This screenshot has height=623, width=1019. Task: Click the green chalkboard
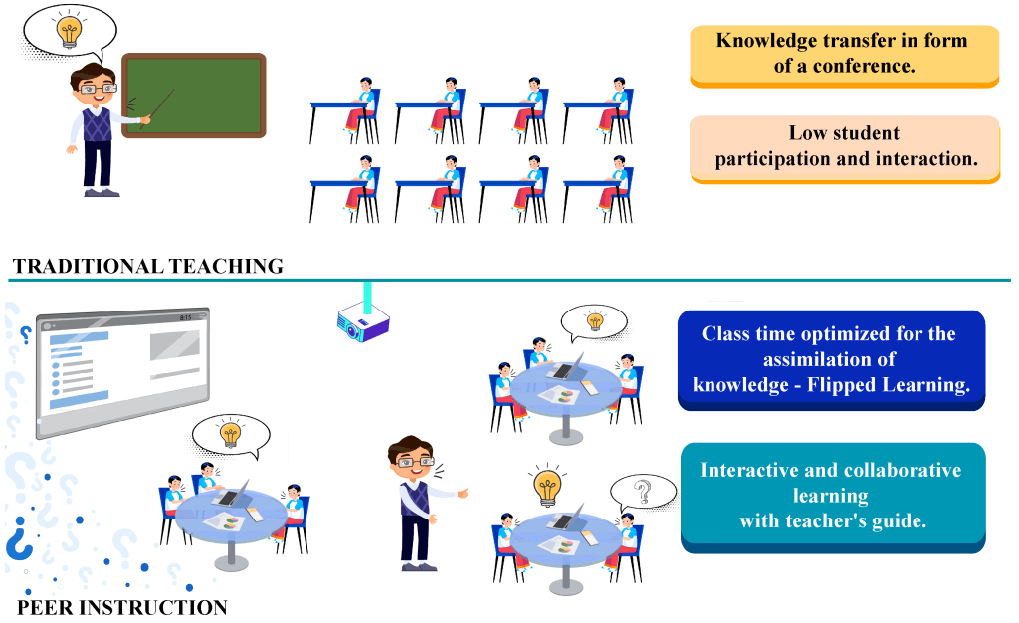[x=194, y=95]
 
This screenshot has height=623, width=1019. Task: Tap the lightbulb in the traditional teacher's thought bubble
[x=69, y=31]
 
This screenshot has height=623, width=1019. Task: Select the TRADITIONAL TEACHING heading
[x=148, y=266]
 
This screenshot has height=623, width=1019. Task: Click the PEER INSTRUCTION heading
[x=122, y=607]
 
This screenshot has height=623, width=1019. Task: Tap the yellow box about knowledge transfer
[x=844, y=55]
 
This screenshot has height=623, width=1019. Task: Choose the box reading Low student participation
[x=844, y=146]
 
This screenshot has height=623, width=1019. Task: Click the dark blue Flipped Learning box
[x=831, y=359]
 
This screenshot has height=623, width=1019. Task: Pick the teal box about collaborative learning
[x=832, y=495]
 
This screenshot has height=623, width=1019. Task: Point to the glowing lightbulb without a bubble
[x=546, y=486]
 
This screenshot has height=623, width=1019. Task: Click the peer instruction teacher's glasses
[x=411, y=462]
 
